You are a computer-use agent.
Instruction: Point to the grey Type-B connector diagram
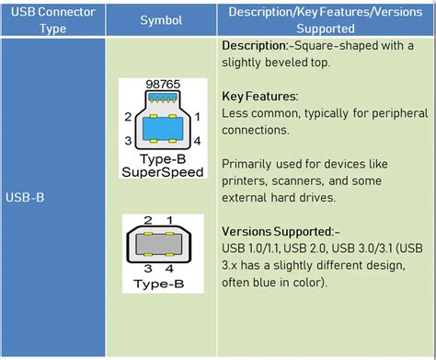click(162, 248)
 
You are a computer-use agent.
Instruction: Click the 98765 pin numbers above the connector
click(162, 85)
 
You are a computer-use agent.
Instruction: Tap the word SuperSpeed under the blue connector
click(162, 172)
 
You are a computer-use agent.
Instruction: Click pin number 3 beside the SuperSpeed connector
click(128, 140)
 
